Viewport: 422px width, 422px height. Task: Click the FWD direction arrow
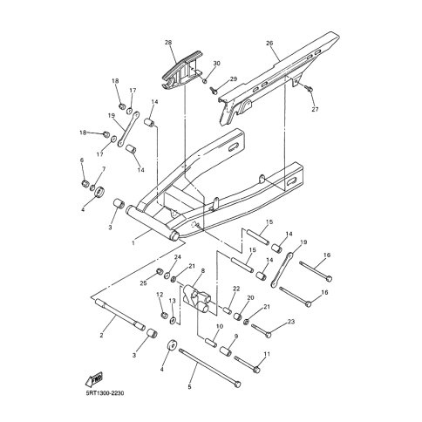94,378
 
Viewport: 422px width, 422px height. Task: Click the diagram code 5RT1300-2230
105,393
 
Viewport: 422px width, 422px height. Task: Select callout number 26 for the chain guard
269,44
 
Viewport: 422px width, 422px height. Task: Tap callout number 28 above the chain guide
168,43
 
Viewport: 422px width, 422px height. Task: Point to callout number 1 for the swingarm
133,242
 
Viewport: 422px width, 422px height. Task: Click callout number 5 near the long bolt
189,387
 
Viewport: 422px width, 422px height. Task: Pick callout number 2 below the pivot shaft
101,335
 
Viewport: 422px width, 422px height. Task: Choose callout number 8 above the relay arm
202,270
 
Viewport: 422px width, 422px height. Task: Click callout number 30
217,64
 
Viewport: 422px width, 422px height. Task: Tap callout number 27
315,109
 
